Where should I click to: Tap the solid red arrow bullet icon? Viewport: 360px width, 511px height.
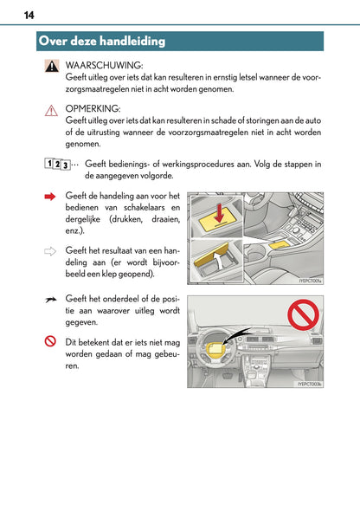[x=51, y=197]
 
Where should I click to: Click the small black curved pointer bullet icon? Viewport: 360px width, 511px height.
[x=51, y=297]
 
